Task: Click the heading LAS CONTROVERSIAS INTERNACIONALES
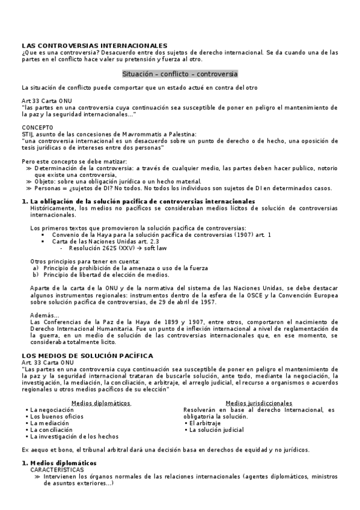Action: click(94, 46)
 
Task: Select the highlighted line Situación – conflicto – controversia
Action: click(180, 74)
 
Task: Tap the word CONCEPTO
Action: click(37, 127)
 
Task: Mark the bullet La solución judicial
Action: click(217, 430)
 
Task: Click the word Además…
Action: click(44, 316)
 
